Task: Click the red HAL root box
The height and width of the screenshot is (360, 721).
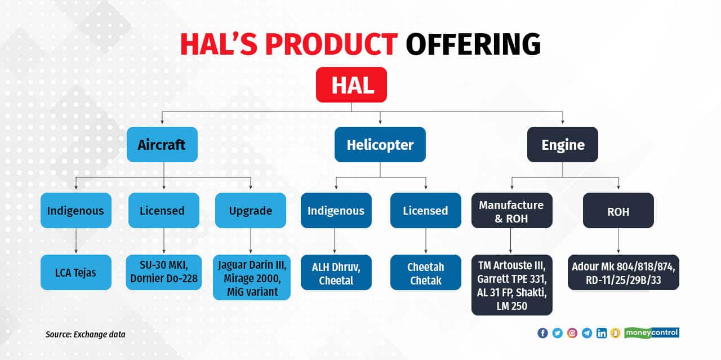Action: (x=351, y=85)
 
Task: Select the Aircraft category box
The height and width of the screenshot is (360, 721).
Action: (x=162, y=145)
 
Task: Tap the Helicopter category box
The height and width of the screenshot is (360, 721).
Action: (x=380, y=145)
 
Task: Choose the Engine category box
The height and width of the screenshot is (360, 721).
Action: (x=562, y=145)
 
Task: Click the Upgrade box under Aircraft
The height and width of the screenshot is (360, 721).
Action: (x=251, y=211)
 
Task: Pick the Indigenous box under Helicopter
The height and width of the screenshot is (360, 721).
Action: (x=336, y=211)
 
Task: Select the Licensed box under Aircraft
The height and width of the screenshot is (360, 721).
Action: (x=162, y=211)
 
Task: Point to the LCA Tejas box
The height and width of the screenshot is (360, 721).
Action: (x=76, y=273)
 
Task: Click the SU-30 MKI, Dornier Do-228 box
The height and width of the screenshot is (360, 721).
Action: (x=163, y=273)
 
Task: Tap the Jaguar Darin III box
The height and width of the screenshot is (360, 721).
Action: (x=252, y=277)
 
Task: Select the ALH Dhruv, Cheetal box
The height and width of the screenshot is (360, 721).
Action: (x=336, y=273)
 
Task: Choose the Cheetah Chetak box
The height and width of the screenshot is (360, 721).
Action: (x=425, y=273)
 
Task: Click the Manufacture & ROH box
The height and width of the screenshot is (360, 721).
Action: (x=511, y=211)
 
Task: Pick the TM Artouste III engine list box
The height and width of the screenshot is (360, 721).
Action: (x=511, y=285)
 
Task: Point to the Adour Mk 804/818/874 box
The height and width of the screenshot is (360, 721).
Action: (x=623, y=273)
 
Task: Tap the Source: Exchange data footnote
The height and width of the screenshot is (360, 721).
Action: (x=86, y=335)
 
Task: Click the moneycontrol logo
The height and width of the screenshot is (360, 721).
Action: (x=651, y=333)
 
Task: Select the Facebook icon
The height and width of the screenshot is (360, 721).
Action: (x=542, y=333)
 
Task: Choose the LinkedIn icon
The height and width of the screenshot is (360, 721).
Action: (x=602, y=333)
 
